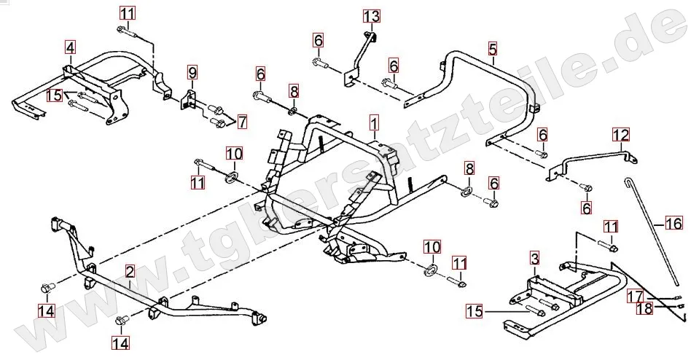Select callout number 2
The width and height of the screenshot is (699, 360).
tap(129, 273)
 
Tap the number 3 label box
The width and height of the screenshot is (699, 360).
tap(534, 258)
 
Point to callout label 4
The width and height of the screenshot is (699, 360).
tap(69, 48)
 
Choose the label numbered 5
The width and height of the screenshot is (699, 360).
tap(493, 49)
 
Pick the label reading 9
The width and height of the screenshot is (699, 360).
tap(192, 72)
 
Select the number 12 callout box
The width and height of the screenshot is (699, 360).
tap(620, 135)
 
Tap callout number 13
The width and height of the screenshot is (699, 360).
tap(371, 15)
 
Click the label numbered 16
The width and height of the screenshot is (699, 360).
tap(674, 223)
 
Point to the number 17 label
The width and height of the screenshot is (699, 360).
tap(636, 296)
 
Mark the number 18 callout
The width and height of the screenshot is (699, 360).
tap(644, 308)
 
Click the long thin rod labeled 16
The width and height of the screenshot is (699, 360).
tap(653, 233)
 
